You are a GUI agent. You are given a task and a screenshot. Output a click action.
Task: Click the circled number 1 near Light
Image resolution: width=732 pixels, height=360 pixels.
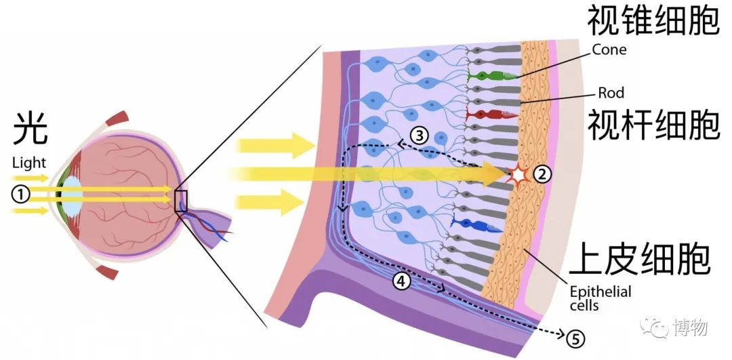[21, 194]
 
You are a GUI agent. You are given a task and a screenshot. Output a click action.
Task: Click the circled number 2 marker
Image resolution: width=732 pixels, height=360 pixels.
[542, 174]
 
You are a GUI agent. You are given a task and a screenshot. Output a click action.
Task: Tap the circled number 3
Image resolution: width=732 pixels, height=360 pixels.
[420, 134]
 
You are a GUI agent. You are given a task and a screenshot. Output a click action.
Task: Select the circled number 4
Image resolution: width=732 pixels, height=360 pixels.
[403, 281]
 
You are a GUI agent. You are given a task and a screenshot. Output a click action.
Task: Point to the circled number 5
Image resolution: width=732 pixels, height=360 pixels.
[575, 337]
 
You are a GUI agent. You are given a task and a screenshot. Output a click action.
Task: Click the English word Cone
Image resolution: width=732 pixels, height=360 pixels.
[609, 49]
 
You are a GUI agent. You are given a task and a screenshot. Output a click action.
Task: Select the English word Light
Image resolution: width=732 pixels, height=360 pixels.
[29, 163]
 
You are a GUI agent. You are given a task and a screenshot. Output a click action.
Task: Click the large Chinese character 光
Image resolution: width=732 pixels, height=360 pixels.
[30, 130]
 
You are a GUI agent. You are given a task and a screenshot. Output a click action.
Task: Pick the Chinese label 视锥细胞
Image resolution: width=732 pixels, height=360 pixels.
[653, 20]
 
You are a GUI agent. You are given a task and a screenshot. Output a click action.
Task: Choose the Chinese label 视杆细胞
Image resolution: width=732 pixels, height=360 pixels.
[653, 125]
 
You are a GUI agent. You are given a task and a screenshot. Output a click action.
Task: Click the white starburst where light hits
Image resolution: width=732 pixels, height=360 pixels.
[518, 175]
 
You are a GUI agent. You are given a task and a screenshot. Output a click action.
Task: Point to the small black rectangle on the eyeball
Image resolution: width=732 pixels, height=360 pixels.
[181, 201]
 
